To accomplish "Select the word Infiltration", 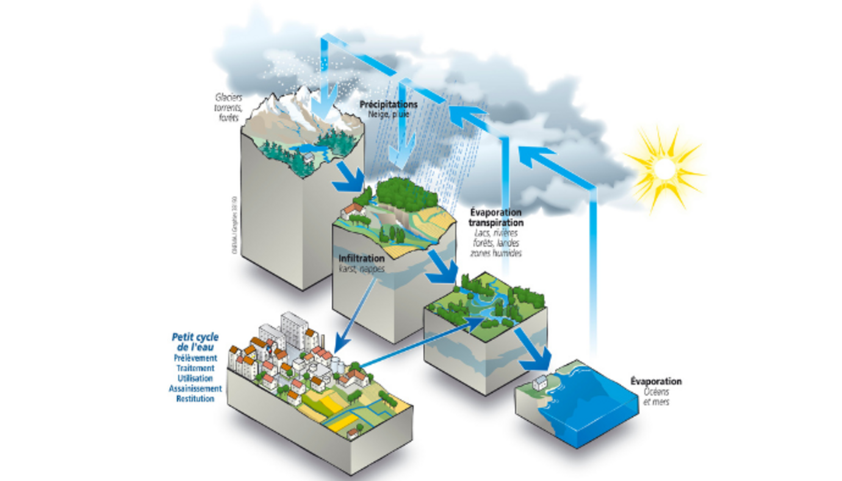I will [x=361, y=259].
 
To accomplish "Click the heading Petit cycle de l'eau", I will [x=195, y=342].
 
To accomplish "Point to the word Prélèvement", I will [x=194, y=358].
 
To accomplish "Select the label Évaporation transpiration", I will [x=495, y=218].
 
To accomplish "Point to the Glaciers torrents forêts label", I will [x=228, y=107].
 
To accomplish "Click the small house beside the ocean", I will [x=539, y=383].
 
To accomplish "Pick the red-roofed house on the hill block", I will [x=352, y=211].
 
